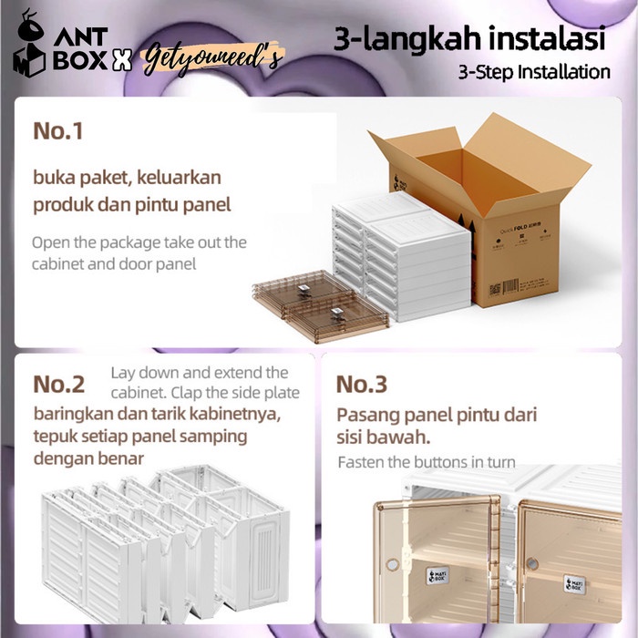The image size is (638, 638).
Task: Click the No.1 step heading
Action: (58, 130)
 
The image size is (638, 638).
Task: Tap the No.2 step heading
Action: (59, 384)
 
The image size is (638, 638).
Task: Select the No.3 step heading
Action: (362, 384)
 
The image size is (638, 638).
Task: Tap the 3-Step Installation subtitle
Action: (534, 71)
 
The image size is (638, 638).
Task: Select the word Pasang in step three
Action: (366, 415)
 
